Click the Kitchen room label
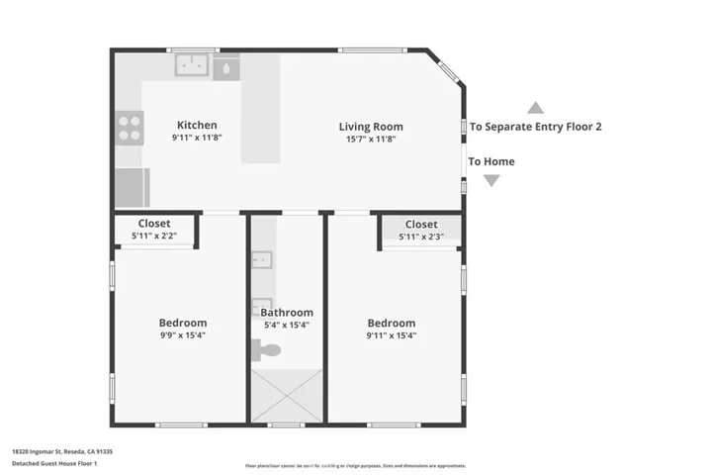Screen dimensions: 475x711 [x=197, y=125]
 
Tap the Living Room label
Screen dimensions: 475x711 [x=371, y=127]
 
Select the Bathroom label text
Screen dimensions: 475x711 [x=286, y=313]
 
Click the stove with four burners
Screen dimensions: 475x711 [x=131, y=129]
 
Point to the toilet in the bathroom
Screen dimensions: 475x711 [x=267, y=348]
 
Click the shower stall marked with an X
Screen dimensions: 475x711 [x=286, y=394]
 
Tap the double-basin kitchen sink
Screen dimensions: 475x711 [x=192, y=66]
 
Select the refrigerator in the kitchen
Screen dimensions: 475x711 [x=133, y=186]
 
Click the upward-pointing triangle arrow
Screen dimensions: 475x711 [x=535, y=107]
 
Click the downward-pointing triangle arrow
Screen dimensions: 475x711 [x=491, y=180]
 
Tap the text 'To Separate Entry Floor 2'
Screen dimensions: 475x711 [x=535, y=127]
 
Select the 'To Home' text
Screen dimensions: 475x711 [x=491, y=161]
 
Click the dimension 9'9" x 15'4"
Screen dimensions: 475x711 [x=183, y=335]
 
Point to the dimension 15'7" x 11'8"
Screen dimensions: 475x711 [x=371, y=139]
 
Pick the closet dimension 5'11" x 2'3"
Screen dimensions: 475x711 [x=421, y=237]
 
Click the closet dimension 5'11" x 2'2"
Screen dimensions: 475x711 [x=154, y=236]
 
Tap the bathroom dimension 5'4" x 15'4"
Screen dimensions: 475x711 [x=286, y=325]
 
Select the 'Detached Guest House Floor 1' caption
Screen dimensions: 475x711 [x=54, y=463]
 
